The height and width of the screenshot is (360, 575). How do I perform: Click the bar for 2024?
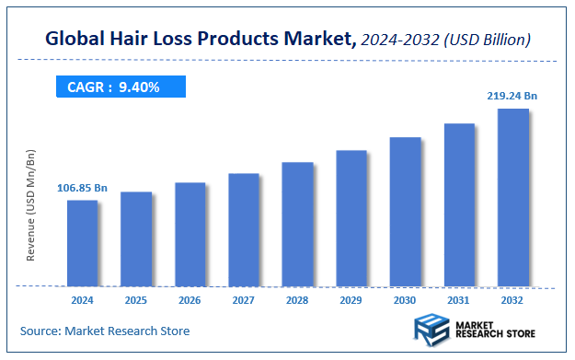click(x=82, y=243)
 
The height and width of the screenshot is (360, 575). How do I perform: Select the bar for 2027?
click(x=244, y=230)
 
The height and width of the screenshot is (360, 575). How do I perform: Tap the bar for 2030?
click(x=405, y=212)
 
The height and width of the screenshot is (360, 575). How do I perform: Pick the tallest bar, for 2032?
click(x=512, y=198)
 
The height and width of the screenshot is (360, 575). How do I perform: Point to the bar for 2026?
click(x=190, y=235)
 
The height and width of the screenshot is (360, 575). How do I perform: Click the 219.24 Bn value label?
click(x=512, y=95)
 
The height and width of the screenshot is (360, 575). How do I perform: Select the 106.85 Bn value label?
click(x=82, y=188)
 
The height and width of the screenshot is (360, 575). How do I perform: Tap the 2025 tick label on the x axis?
click(x=136, y=300)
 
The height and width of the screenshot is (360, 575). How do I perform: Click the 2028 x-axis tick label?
click(x=297, y=300)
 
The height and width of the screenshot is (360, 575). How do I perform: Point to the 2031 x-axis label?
click(x=459, y=300)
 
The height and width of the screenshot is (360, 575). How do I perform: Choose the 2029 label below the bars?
click(x=351, y=300)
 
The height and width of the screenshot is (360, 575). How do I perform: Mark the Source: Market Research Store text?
click(x=105, y=330)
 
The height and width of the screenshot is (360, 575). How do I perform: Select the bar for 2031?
click(x=459, y=204)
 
